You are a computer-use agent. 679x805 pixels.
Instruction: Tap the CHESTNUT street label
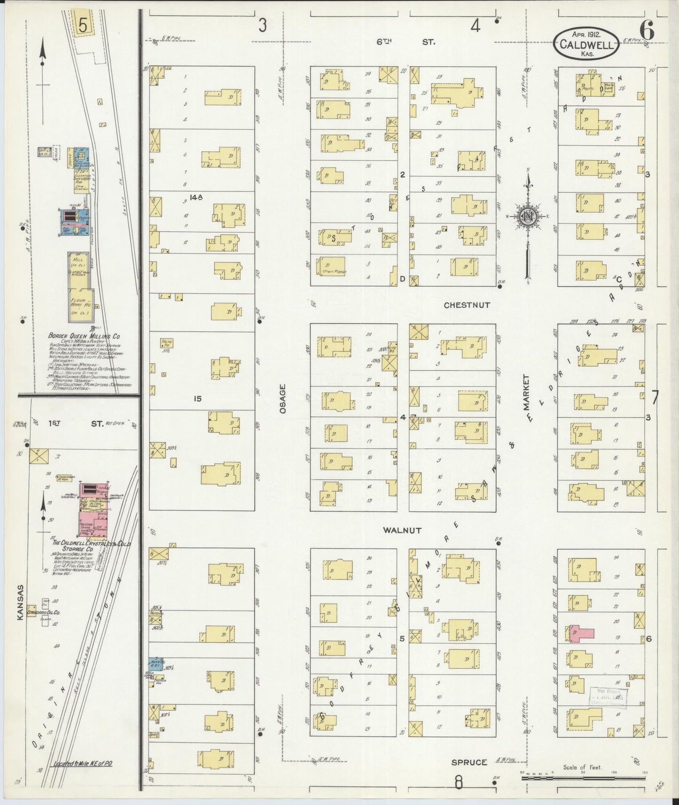pos(467,305)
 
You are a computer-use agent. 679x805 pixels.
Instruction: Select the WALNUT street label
pos(402,530)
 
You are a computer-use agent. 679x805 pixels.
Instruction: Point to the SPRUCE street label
pos(469,762)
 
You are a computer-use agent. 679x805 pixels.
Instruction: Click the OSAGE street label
pos(282,399)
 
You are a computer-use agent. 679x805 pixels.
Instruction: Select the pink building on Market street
pos(581,633)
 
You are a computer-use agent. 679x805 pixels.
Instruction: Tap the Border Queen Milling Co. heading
pos(85,336)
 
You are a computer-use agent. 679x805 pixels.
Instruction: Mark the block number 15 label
pos(197,399)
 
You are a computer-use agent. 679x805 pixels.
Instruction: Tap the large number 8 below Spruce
pos(459,782)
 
